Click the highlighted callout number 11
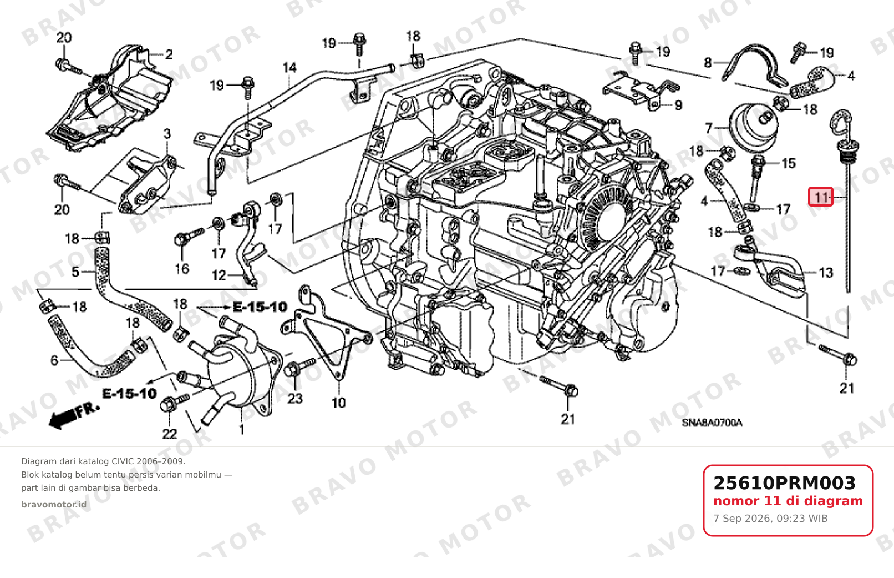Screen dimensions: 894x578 pyautogui.click(x=821, y=197)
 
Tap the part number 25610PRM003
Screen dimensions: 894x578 pyautogui.click(x=784, y=483)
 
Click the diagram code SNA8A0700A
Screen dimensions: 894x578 pyautogui.click(x=712, y=423)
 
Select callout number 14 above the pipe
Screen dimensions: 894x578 pyautogui.click(x=289, y=68)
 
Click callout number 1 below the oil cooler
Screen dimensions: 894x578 pyautogui.click(x=241, y=429)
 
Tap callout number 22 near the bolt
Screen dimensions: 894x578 pyautogui.click(x=169, y=434)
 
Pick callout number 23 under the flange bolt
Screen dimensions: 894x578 pyautogui.click(x=295, y=398)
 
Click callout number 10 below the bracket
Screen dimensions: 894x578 pyautogui.click(x=338, y=403)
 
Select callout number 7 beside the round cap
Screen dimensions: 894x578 pyautogui.click(x=709, y=128)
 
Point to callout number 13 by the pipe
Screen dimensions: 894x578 pyautogui.click(x=826, y=273)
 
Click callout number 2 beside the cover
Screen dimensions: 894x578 pyautogui.click(x=169, y=54)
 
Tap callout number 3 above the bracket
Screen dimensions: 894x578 pyautogui.click(x=167, y=133)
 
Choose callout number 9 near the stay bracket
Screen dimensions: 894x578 pyautogui.click(x=678, y=105)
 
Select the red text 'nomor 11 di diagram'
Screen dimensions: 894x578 pyautogui.click(x=788, y=501)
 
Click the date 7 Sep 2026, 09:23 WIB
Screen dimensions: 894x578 pyautogui.click(x=770, y=519)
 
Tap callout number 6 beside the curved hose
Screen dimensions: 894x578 pyautogui.click(x=54, y=360)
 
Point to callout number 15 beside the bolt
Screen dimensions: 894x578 pyautogui.click(x=789, y=163)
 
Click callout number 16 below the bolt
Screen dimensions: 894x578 pyautogui.click(x=182, y=268)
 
